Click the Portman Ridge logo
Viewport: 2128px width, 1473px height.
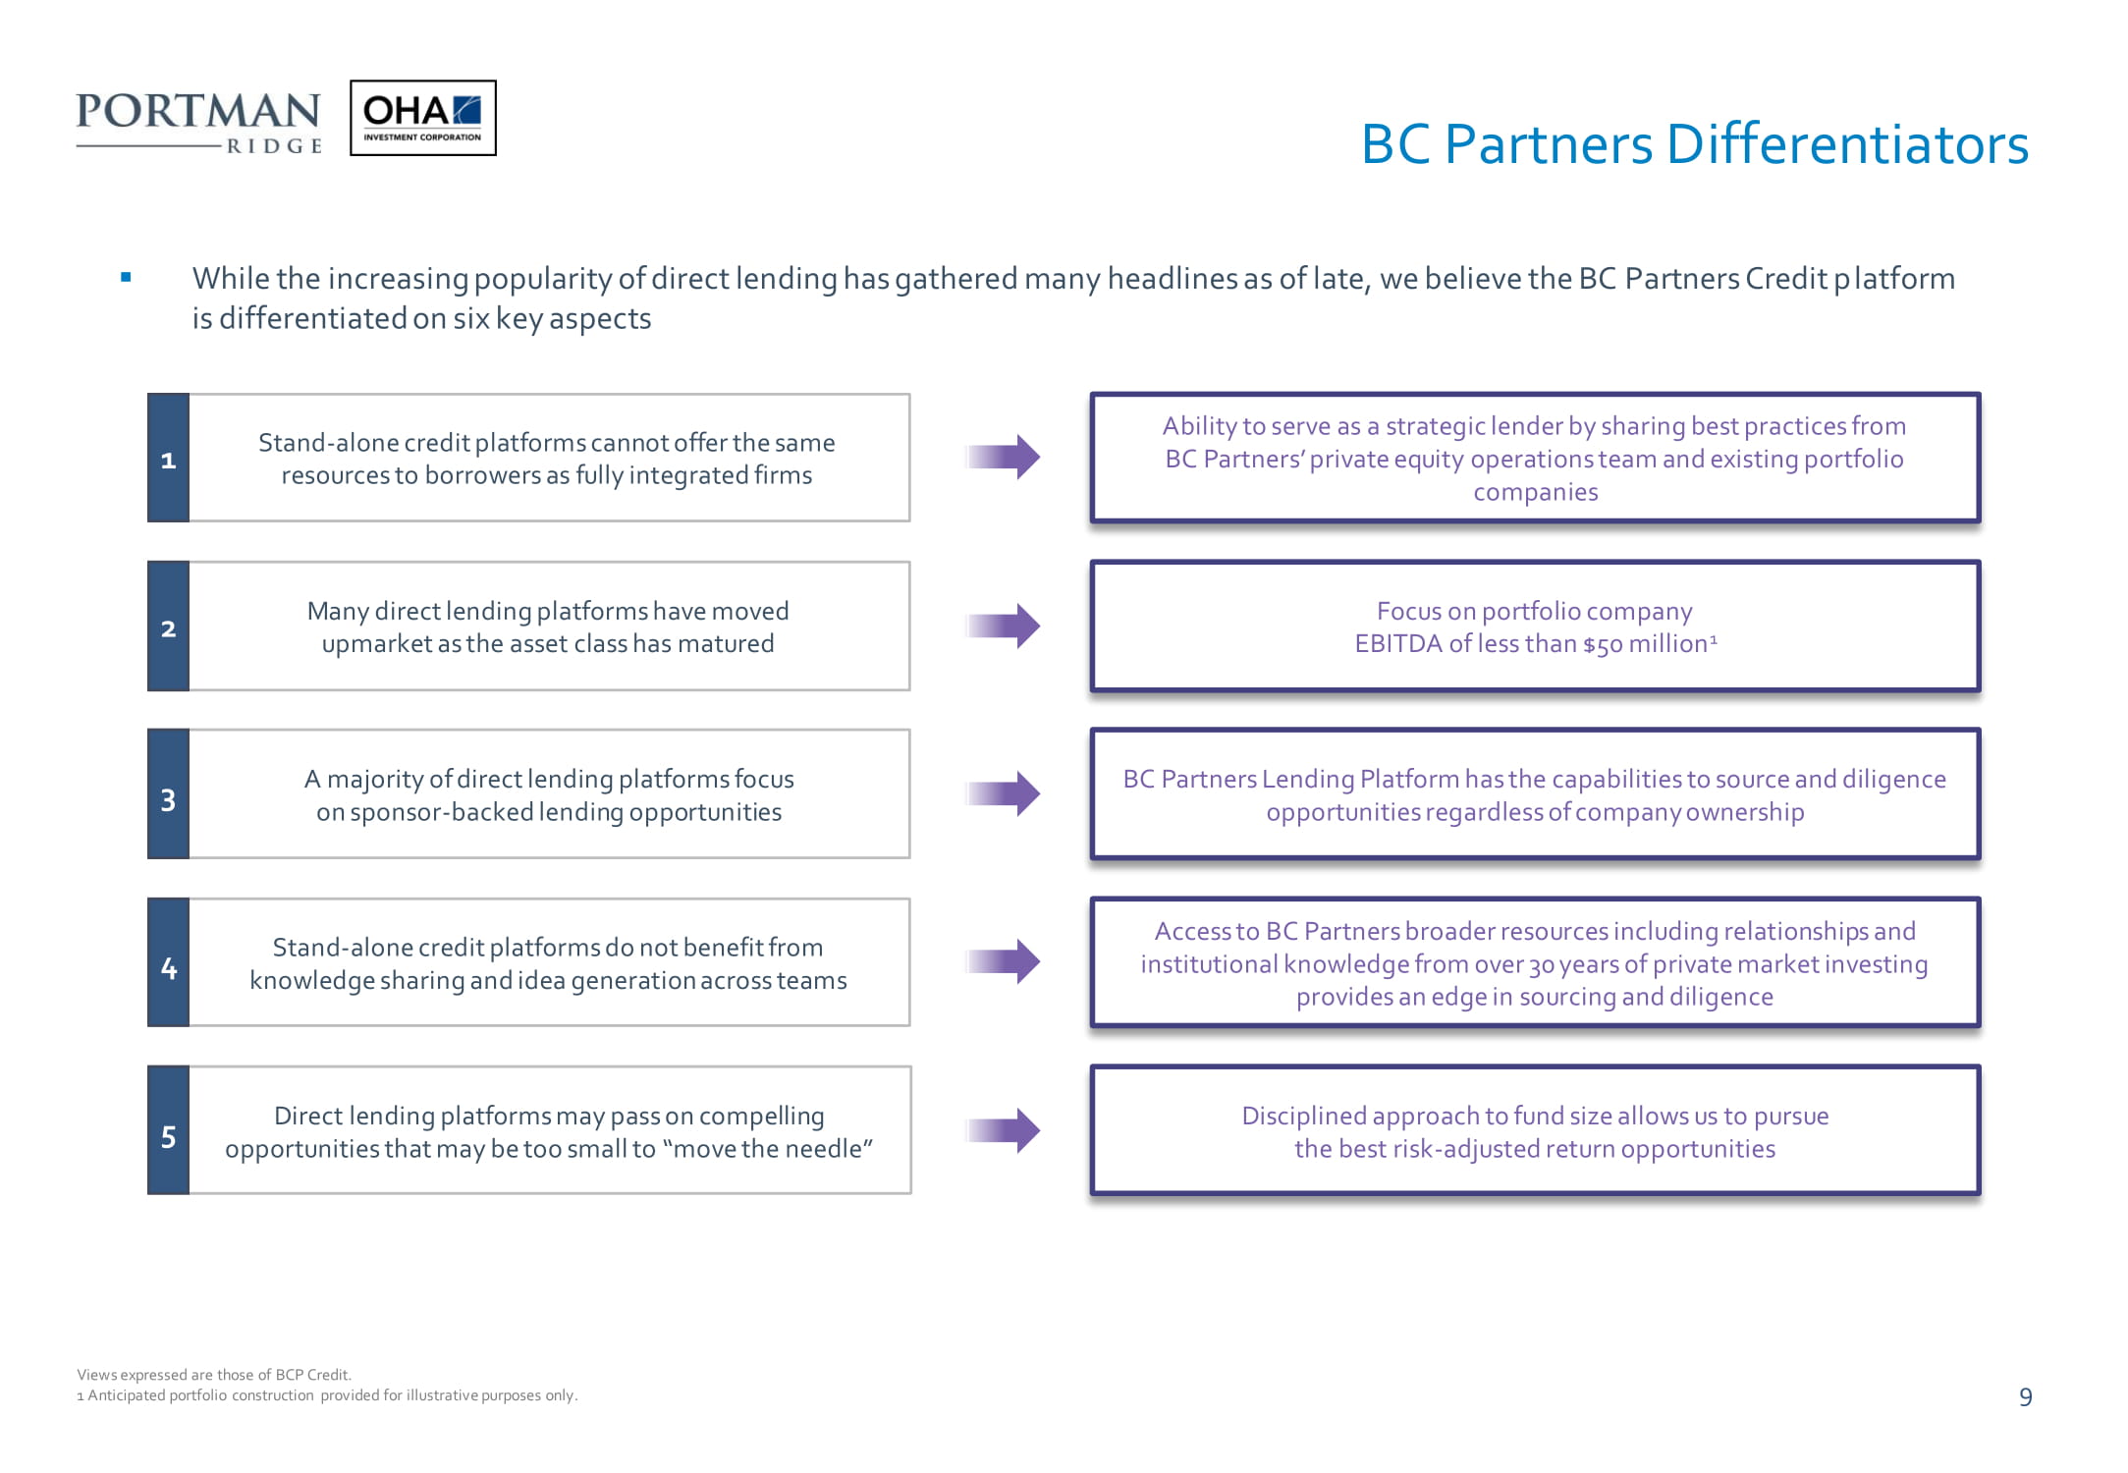click(x=199, y=123)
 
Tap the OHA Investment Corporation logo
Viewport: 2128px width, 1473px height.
click(x=423, y=118)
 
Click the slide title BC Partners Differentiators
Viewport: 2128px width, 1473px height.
click(x=1694, y=144)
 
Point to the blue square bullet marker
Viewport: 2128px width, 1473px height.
click(x=126, y=278)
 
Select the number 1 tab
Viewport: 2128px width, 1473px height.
click(x=168, y=458)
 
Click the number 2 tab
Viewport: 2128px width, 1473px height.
click(x=168, y=627)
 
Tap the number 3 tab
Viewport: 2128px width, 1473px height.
click(x=168, y=794)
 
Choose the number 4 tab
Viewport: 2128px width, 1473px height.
click(x=168, y=962)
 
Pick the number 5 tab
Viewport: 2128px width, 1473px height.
click(x=168, y=1130)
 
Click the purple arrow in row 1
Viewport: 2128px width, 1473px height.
click(x=1003, y=457)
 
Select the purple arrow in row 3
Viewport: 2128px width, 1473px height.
click(x=1003, y=793)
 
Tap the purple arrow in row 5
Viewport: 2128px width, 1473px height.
click(x=1003, y=1130)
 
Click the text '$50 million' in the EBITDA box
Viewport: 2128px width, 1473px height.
click(x=1646, y=644)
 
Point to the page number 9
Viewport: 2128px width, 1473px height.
click(x=2026, y=1397)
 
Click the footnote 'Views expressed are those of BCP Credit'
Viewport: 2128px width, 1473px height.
click(x=214, y=1375)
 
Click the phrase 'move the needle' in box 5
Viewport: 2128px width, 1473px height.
click(x=767, y=1149)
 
